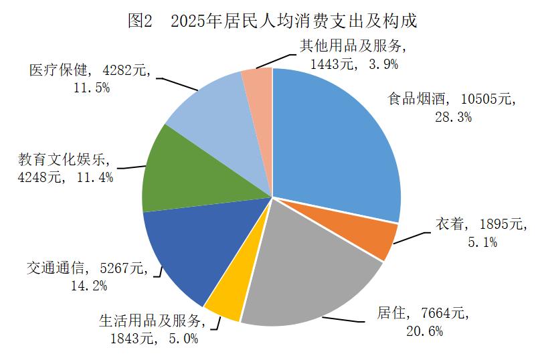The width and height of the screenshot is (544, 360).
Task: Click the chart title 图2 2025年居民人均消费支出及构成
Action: [272, 21]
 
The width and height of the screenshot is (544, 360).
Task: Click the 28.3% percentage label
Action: [453, 117]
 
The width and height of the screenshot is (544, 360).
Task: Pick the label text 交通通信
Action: [56, 268]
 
